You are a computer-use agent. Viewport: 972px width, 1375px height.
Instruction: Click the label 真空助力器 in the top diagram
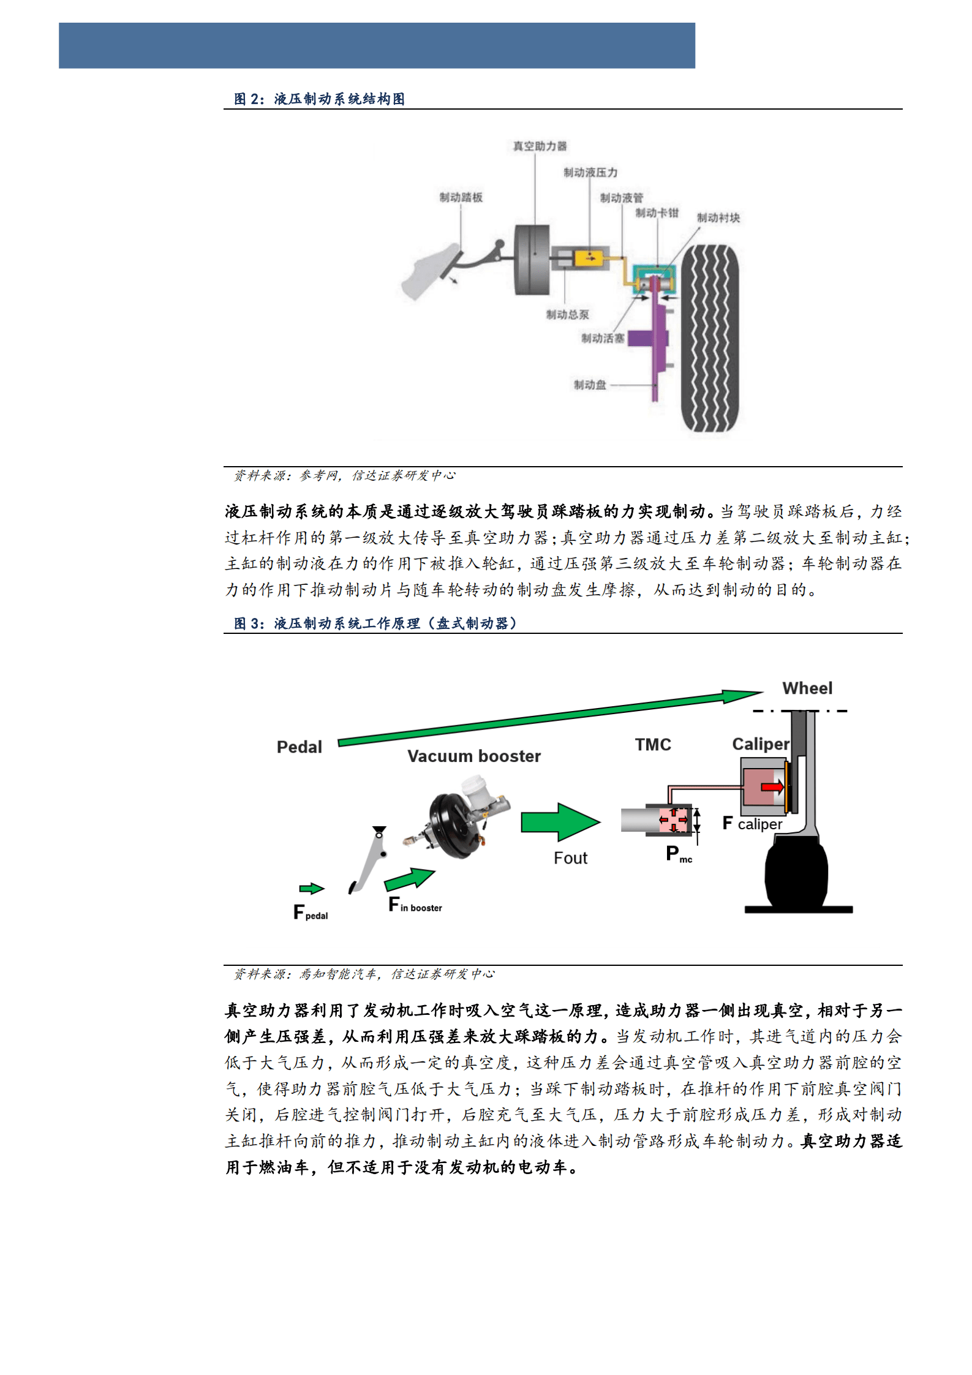pyautogui.click(x=540, y=146)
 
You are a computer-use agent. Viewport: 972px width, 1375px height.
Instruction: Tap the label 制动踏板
pyautogui.click(x=461, y=197)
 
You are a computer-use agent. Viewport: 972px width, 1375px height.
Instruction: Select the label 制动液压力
pyautogui.click(x=590, y=173)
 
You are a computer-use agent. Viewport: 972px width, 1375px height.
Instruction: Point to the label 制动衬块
pyautogui.click(x=718, y=218)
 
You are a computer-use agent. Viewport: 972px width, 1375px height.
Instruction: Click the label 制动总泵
pyautogui.click(x=567, y=315)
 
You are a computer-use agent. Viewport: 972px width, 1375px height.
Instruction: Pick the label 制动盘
pyautogui.click(x=589, y=385)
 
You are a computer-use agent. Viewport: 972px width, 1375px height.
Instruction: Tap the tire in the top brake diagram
pyautogui.click(x=710, y=339)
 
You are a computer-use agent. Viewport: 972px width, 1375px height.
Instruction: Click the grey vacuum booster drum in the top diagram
pyautogui.click(x=532, y=260)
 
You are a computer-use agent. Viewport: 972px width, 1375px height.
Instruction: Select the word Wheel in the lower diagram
pyautogui.click(x=807, y=688)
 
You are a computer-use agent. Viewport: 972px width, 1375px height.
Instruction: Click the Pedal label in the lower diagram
pyautogui.click(x=299, y=747)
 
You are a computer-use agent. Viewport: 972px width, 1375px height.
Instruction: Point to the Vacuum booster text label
pyautogui.click(x=474, y=756)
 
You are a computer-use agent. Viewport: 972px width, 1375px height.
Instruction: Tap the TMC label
pyautogui.click(x=652, y=745)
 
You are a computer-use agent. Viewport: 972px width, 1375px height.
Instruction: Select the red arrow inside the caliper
pyautogui.click(x=772, y=787)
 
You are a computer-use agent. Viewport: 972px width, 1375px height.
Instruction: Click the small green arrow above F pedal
pyautogui.click(x=311, y=889)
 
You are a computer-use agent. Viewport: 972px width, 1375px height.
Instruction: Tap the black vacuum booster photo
pyautogui.click(x=459, y=821)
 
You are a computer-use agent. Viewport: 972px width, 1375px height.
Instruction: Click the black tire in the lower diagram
pyautogui.click(x=796, y=875)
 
